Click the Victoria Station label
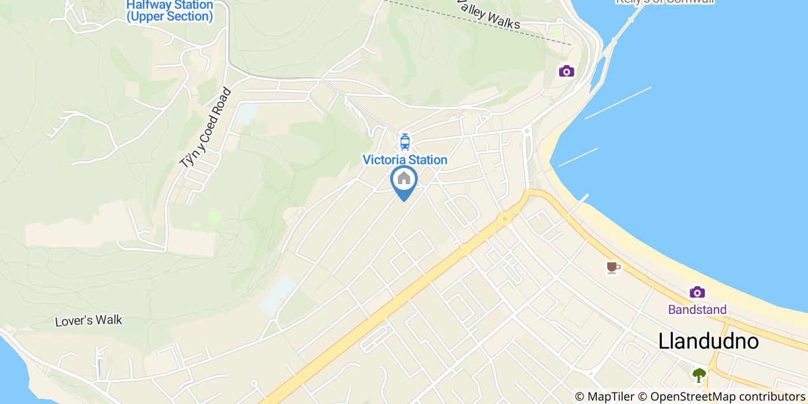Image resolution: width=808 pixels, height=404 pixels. pyautogui.click(x=405, y=160)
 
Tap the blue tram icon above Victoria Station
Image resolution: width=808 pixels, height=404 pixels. pyautogui.click(x=405, y=141)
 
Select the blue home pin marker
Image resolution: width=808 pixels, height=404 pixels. pyautogui.click(x=404, y=180)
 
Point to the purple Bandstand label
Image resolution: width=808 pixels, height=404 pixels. pyautogui.click(x=697, y=310)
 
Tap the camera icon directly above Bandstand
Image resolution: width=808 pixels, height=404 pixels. pyautogui.click(x=697, y=292)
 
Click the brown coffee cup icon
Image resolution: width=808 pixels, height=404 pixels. pyautogui.click(x=613, y=267)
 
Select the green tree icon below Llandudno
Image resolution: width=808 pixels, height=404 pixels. pyautogui.click(x=699, y=375)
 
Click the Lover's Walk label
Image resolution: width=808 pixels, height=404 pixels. pyautogui.click(x=89, y=321)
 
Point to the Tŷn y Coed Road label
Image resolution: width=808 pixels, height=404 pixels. pyautogui.click(x=205, y=128)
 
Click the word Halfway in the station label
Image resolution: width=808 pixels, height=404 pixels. pyautogui.click(x=149, y=5)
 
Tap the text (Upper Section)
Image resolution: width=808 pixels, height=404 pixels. pyautogui.click(x=170, y=17)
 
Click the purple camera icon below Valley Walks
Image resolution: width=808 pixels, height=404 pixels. pyautogui.click(x=566, y=71)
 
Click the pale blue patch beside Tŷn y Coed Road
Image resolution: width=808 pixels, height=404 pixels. pyautogui.click(x=245, y=114)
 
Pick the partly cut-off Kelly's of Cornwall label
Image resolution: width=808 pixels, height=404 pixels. pyautogui.click(x=665, y=2)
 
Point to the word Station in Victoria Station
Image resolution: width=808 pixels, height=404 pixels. pyautogui.click(x=426, y=160)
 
